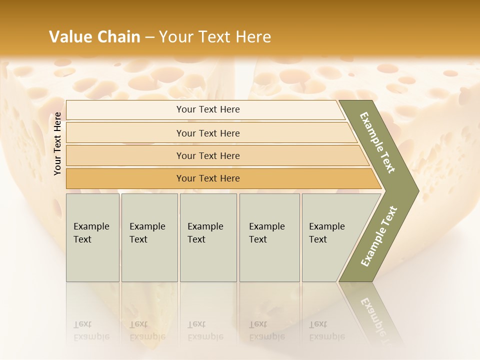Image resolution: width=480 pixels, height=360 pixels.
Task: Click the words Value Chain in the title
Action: tap(94, 36)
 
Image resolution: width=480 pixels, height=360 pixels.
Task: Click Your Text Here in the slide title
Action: tap(215, 36)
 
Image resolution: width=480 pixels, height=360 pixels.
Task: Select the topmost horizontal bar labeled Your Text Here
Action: tap(207, 109)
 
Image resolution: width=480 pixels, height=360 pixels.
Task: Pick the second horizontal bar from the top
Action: tap(207, 133)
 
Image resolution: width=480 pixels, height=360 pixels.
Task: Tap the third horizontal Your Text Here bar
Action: tap(207, 155)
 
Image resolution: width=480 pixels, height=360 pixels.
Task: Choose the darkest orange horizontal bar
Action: tap(207, 178)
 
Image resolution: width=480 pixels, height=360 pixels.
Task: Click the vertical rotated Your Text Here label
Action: tap(57, 143)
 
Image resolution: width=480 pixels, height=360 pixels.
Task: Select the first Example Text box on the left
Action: tap(92, 237)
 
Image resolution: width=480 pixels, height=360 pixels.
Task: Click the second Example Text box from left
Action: tap(149, 237)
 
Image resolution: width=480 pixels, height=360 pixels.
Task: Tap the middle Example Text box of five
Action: tap(207, 237)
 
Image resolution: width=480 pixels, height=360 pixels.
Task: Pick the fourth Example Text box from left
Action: tap(269, 237)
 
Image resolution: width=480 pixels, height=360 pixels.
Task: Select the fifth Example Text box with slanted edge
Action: tap(330, 237)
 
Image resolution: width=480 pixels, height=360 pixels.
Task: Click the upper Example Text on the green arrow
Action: tap(377, 142)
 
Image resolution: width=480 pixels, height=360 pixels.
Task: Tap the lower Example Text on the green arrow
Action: tap(378, 236)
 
